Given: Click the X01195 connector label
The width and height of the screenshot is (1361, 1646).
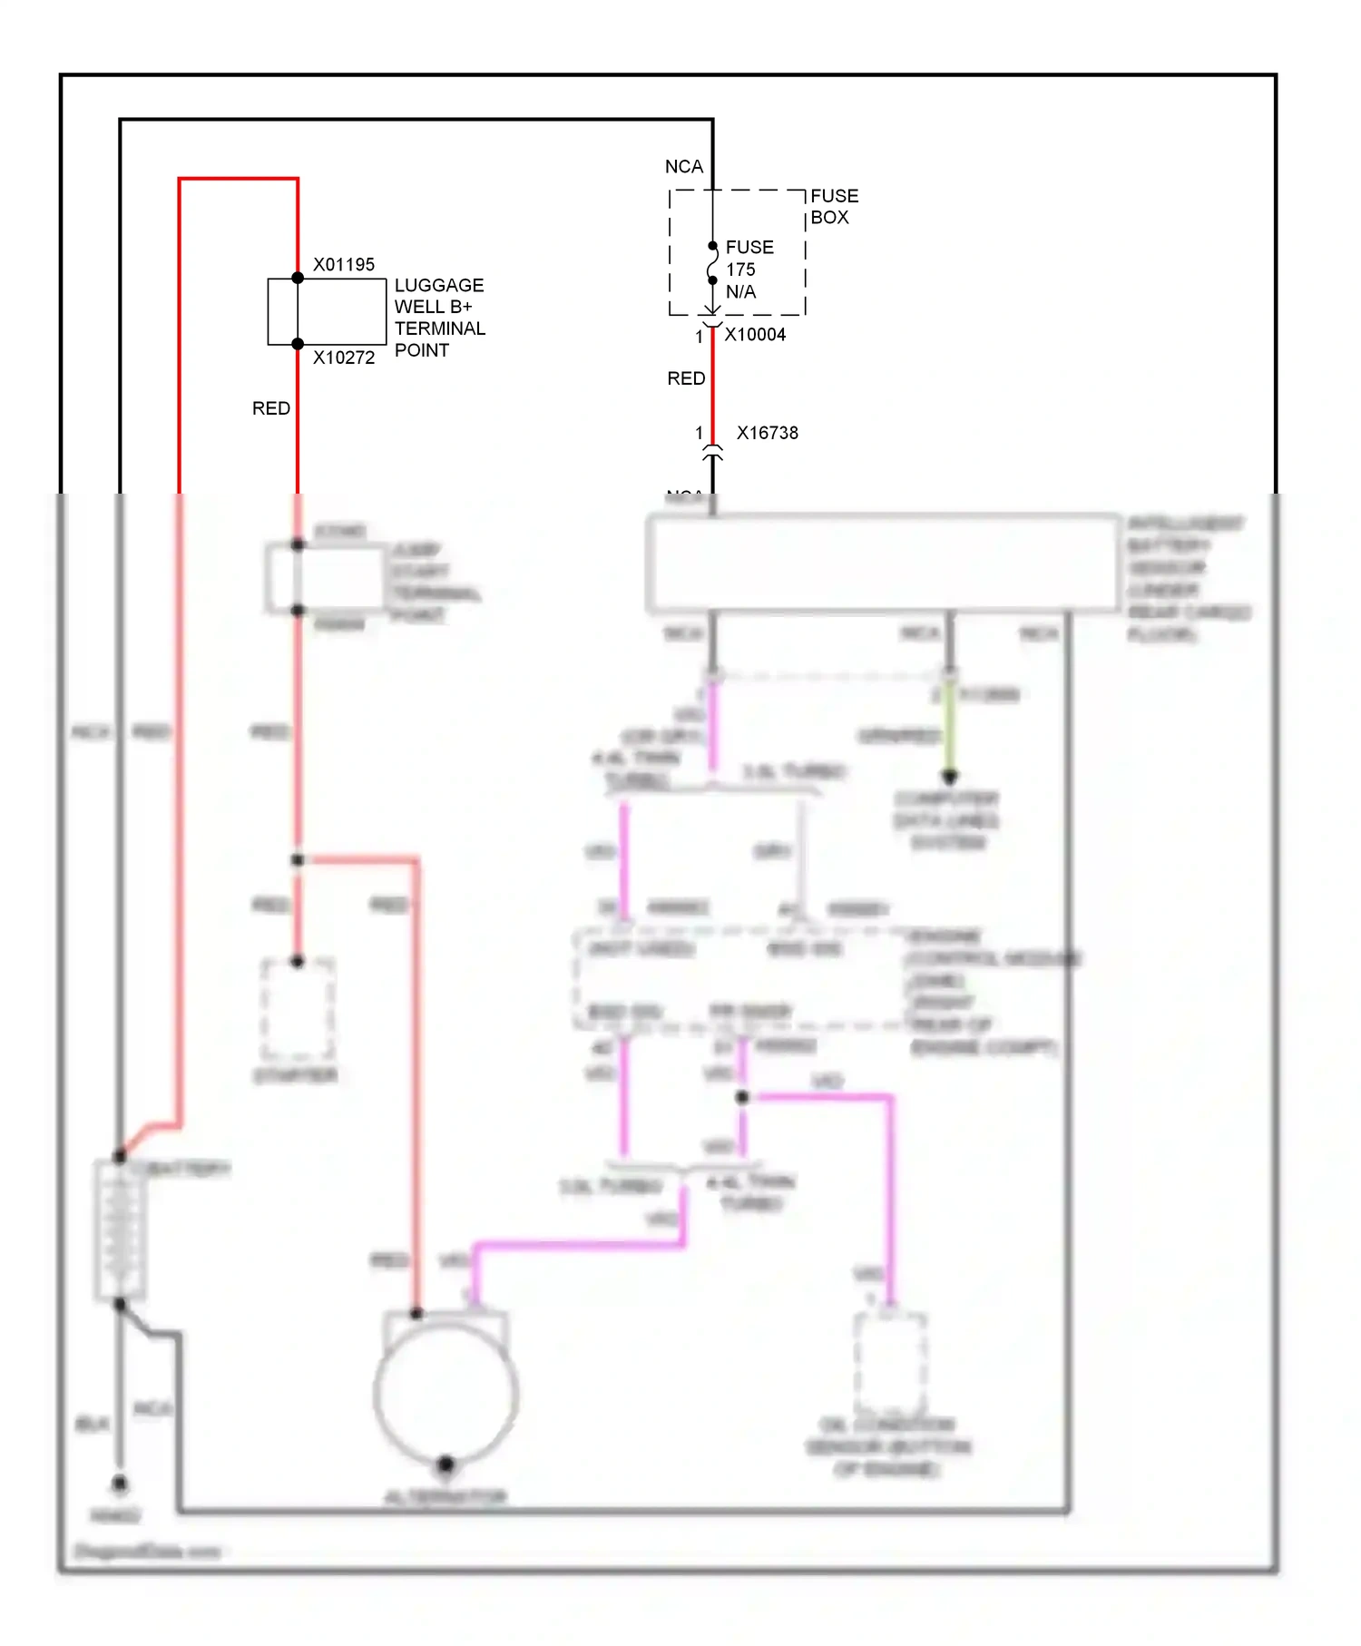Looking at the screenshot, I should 343,264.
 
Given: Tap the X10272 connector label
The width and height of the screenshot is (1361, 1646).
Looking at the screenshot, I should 343,358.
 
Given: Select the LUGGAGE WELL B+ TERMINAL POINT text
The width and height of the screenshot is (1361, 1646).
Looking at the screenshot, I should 439,318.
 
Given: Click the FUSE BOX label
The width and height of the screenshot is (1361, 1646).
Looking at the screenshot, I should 833,207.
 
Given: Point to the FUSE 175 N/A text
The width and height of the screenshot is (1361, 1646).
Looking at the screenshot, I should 749,269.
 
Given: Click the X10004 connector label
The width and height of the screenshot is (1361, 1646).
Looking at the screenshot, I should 755,335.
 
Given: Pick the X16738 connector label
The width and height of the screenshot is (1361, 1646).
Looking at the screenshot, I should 767,433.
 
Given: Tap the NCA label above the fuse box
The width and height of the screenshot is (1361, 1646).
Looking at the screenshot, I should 683,167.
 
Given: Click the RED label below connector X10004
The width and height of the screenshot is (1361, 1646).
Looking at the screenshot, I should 685,378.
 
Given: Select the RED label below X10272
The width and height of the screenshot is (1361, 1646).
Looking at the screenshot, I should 270,408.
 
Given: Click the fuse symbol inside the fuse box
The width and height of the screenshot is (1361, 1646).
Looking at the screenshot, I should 712,263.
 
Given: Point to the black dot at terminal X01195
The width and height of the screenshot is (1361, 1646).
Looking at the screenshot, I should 298,278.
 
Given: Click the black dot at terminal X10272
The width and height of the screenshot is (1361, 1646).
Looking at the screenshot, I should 298,344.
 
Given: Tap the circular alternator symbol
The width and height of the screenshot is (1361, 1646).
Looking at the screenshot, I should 446,1393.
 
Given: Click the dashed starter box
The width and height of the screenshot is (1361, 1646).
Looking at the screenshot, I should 298,1010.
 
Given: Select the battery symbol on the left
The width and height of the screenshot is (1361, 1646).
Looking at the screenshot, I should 120,1230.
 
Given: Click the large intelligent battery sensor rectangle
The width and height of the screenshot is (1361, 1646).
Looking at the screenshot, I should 883,563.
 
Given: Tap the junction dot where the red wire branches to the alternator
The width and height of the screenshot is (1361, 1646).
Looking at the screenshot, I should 298,859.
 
